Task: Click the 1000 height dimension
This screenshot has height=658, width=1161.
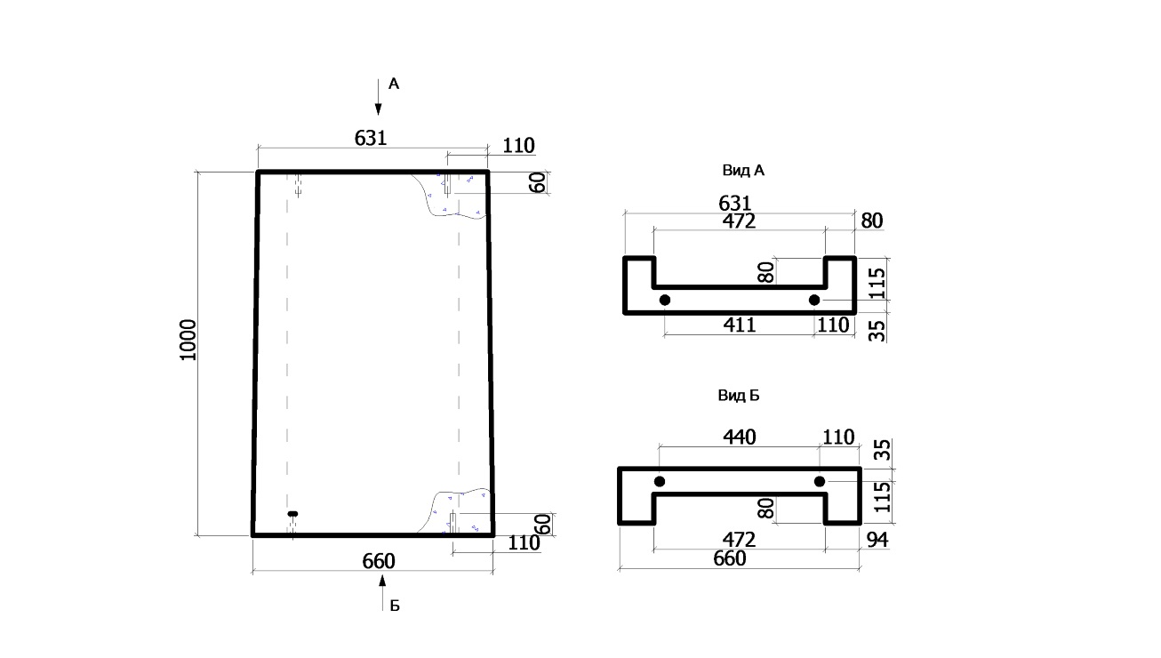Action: [188, 340]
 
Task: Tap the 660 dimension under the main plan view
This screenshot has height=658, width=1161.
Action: [379, 561]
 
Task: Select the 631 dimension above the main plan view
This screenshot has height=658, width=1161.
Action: [371, 138]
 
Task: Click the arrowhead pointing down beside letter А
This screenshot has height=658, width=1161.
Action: [379, 108]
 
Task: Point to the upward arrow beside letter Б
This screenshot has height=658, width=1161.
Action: [382, 593]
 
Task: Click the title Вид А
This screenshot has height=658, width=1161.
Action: [743, 170]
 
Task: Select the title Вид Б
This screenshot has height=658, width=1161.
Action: [739, 395]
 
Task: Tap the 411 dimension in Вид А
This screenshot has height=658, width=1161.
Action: [740, 325]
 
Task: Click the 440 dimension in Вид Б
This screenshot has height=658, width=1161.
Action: [740, 437]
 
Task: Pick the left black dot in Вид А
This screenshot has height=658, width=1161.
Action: [664, 300]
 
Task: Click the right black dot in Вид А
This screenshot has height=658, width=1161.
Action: [814, 300]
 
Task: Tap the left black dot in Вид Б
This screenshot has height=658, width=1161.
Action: [660, 482]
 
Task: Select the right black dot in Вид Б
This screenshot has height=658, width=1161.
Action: [820, 482]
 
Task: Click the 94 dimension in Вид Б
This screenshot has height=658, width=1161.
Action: [877, 540]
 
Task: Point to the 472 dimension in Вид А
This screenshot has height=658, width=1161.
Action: [739, 221]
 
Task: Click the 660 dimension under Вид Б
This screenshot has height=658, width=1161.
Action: [730, 558]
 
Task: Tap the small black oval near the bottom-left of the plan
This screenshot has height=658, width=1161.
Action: [292, 514]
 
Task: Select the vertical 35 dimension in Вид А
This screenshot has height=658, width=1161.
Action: [877, 330]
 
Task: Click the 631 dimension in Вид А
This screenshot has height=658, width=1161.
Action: [735, 203]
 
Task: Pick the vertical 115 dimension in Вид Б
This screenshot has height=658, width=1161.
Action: [882, 497]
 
